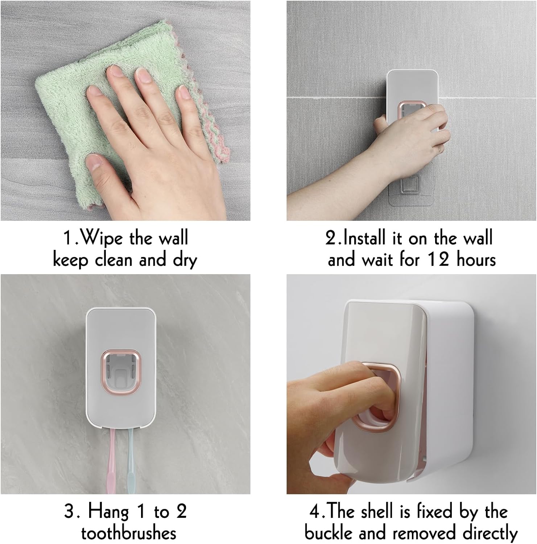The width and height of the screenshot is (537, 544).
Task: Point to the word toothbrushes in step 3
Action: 129,533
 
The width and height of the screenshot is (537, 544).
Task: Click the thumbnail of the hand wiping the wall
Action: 125,111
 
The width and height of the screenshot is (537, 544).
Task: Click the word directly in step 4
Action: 486,533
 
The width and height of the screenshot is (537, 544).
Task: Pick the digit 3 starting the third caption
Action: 70,512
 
